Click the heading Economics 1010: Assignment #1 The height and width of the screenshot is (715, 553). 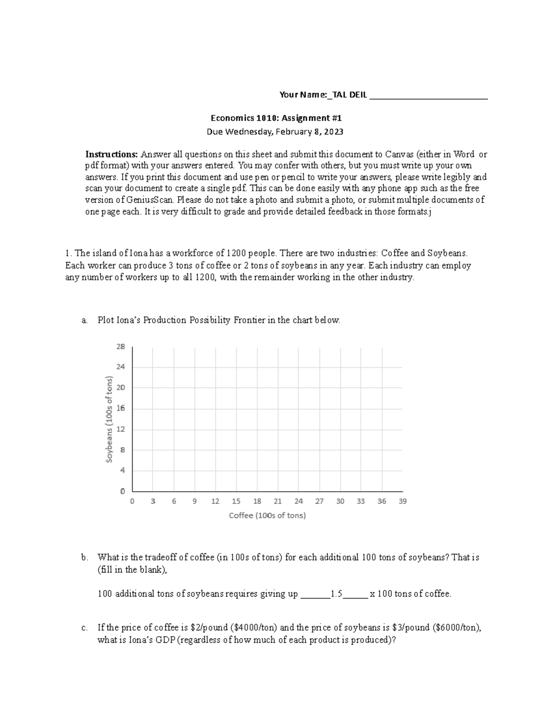coord(276,118)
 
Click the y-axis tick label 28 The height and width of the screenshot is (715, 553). coord(120,347)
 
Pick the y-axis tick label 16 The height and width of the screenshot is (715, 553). coord(120,408)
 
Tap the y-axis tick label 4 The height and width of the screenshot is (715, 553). coord(122,471)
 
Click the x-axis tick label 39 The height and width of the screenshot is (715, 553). coord(402,501)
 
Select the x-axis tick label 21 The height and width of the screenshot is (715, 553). coord(277,501)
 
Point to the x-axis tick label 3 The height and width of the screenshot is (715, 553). coord(153,501)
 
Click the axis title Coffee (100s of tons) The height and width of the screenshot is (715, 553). coord(267,516)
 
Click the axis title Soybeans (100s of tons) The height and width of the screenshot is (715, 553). coord(109,419)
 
